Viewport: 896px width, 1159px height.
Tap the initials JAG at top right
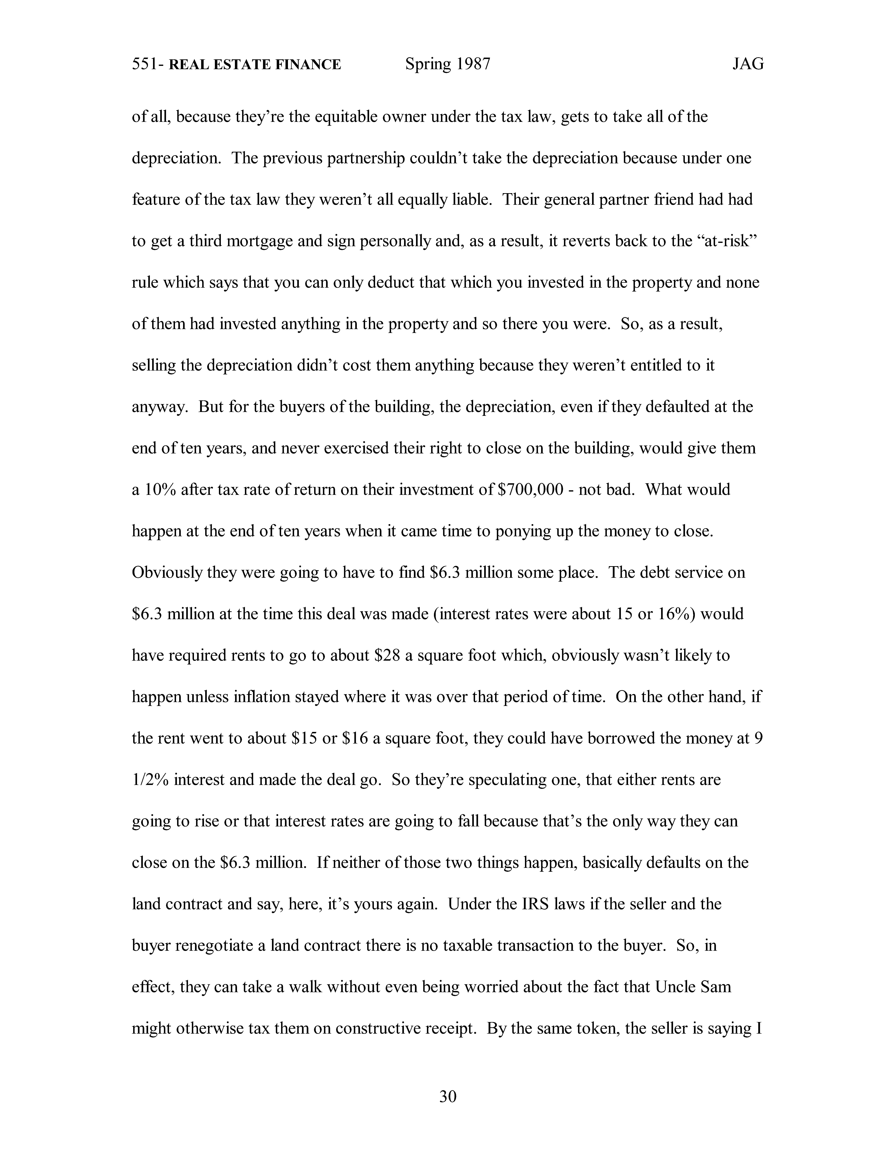click(x=748, y=64)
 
